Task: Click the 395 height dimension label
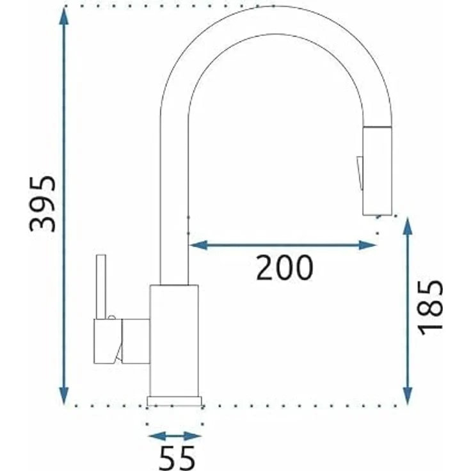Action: [43, 204]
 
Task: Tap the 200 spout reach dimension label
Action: [284, 267]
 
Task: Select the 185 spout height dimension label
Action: [430, 307]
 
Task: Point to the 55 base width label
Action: [177, 459]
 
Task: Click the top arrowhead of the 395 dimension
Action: [64, 15]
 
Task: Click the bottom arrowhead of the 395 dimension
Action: [64, 396]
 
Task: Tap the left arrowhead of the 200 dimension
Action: [198, 245]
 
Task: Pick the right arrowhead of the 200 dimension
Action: [368, 245]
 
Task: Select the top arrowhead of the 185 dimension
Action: [407, 227]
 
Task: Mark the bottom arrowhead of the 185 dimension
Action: [407, 396]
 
